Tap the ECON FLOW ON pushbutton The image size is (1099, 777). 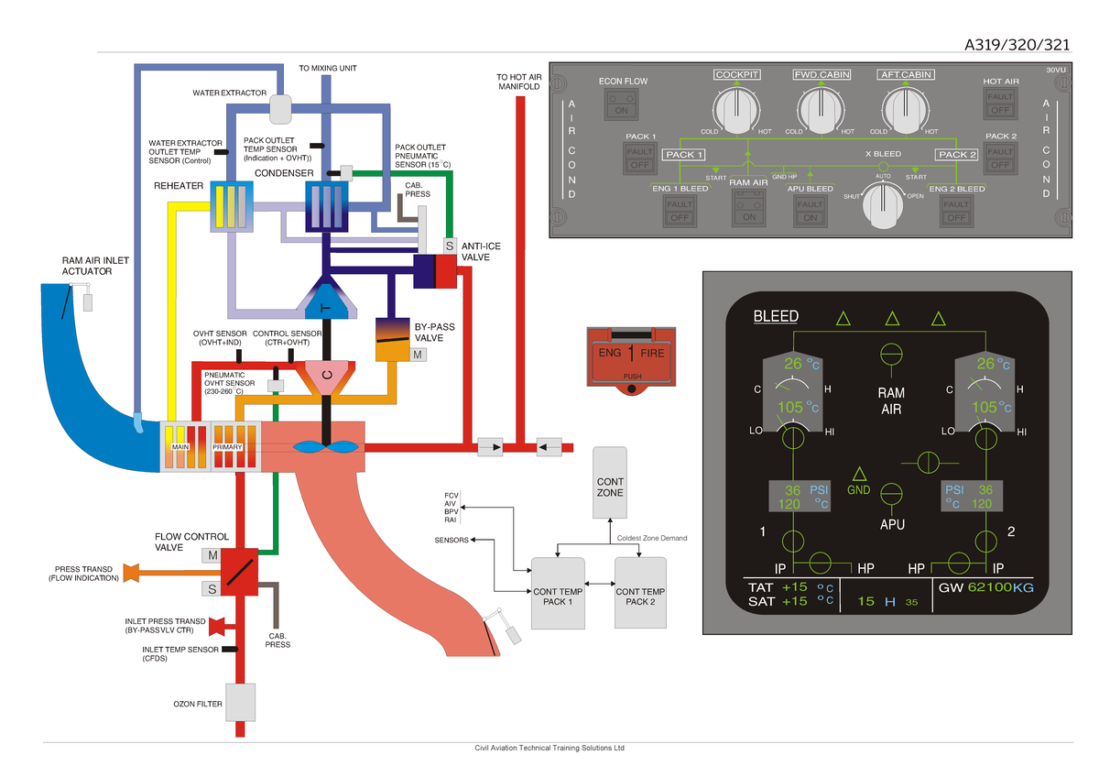(621, 104)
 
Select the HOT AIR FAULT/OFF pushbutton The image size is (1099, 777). (1000, 104)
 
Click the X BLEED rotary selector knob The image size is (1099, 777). (883, 205)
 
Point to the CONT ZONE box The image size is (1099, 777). (610, 483)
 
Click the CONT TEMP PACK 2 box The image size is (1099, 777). (640, 593)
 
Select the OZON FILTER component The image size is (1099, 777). (240, 703)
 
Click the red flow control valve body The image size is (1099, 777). (239, 573)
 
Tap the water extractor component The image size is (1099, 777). (280, 109)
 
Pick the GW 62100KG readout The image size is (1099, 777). (985, 587)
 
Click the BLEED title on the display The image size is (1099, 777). (776, 316)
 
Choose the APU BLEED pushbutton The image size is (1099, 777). (810, 211)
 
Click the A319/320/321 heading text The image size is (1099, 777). (1017, 45)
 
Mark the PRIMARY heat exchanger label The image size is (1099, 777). (227, 447)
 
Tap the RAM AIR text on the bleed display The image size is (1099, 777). (891, 401)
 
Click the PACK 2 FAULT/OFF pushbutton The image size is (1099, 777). (1000, 159)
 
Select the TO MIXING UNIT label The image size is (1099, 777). (328, 68)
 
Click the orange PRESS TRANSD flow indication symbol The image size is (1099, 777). (131, 573)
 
